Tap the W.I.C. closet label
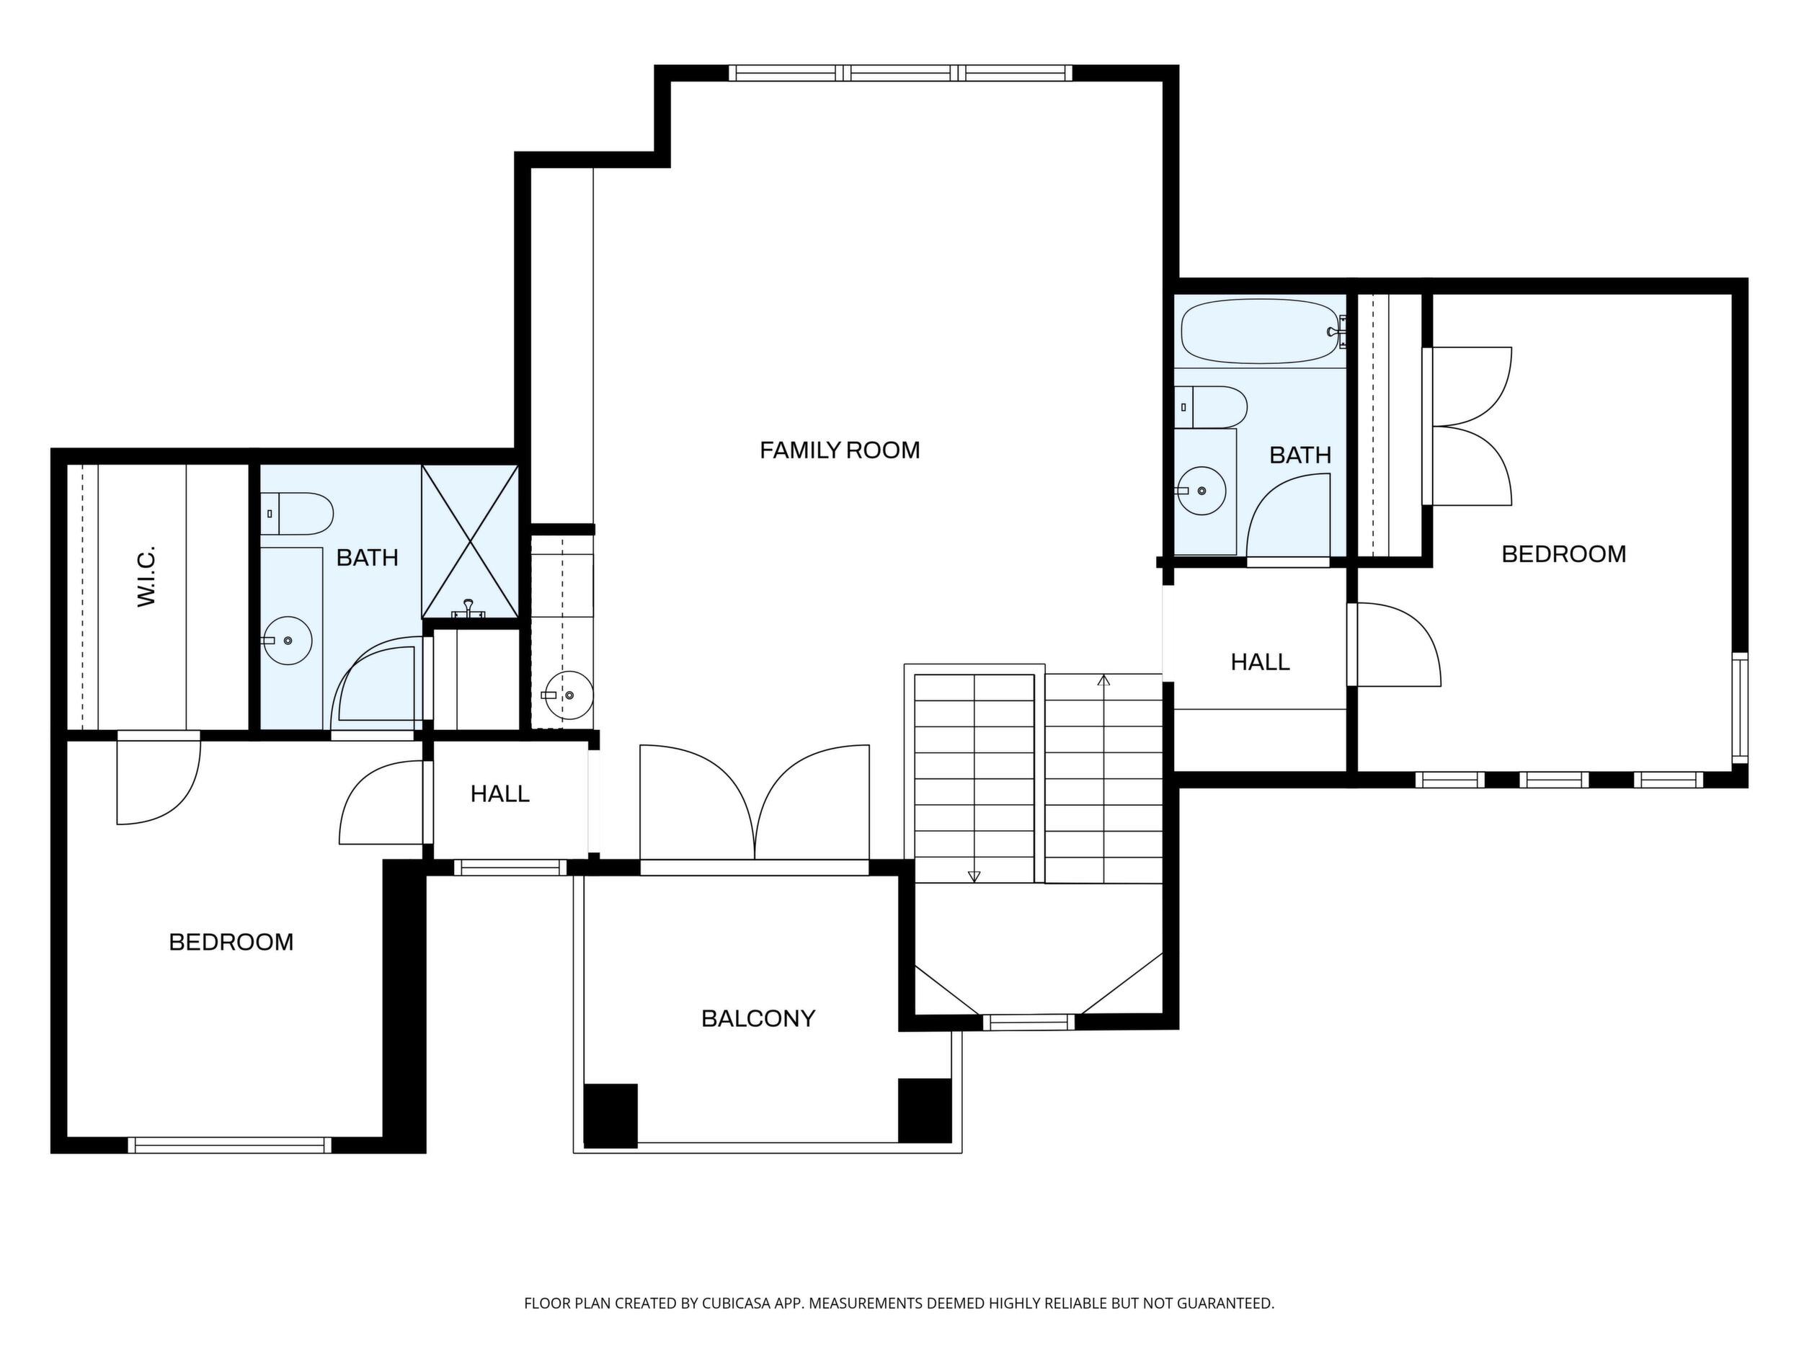tap(146, 576)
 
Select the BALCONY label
tap(758, 1018)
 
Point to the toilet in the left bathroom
tap(297, 513)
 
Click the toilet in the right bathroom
tap(1211, 406)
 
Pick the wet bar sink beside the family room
tap(568, 695)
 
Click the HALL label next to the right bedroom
tap(1260, 662)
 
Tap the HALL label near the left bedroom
tap(499, 793)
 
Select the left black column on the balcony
tap(610, 1116)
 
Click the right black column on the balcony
tap(925, 1110)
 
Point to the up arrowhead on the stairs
tap(1103, 680)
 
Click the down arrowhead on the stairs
tap(974, 876)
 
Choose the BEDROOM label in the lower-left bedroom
tap(231, 942)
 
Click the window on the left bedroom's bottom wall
tap(230, 1145)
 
